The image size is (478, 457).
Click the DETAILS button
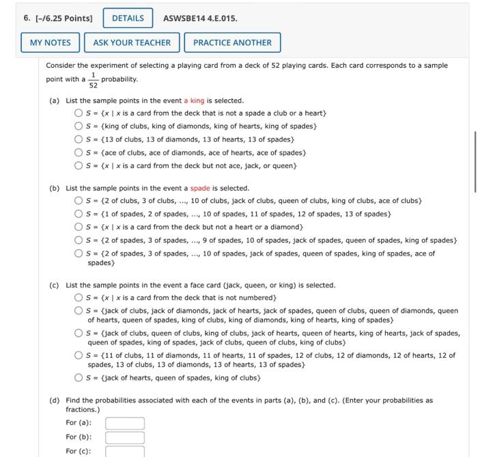(x=128, y=18)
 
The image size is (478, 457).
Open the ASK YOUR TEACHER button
(x=132, y=42)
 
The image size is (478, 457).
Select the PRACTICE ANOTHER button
(x=232, y=42)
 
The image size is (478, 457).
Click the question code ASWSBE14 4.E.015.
(x=201, y=18)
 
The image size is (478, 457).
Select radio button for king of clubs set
(x=79, y=126)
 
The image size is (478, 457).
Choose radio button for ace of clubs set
(x=79, y=152)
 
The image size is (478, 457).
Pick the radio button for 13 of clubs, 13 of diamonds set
(x=79, y=139)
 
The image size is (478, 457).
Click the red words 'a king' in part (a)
(x=194, y=100)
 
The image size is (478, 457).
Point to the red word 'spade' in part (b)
(x=200, y=188)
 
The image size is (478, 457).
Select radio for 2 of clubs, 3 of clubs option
(x=79, y=201)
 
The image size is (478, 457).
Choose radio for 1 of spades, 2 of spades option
(x=79, y=214)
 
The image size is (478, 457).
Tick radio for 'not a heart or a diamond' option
(x=79, y=227)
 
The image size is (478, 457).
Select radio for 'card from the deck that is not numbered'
(x=79, y=298)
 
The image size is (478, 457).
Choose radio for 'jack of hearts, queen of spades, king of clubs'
(x=79, y=378)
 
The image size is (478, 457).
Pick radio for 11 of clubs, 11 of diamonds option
(x=79, y=355)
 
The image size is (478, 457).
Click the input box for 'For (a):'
(x=124, y=423)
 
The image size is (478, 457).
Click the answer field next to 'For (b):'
(x=124, y=437)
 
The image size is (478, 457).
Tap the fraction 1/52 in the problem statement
(x=94, y=81)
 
